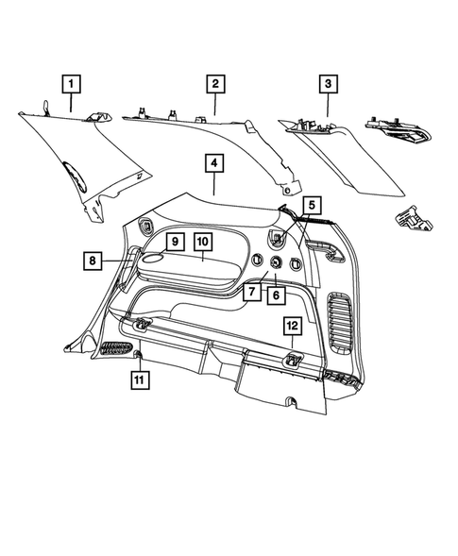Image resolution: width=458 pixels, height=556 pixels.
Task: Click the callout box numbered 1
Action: tap(70, 84)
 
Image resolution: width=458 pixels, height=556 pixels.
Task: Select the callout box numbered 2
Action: tap(215, 84)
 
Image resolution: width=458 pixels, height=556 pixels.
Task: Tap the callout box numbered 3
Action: tap(328, 84)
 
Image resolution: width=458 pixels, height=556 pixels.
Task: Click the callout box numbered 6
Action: tap(276, 295)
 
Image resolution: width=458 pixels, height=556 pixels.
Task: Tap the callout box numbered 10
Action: tap(203, 243)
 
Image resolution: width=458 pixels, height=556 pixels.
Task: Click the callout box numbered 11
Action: tap(139, 380)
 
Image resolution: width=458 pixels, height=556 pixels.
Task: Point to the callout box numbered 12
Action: tap(293, 327)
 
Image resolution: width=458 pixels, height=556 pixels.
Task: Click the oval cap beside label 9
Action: tap(151, 254)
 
